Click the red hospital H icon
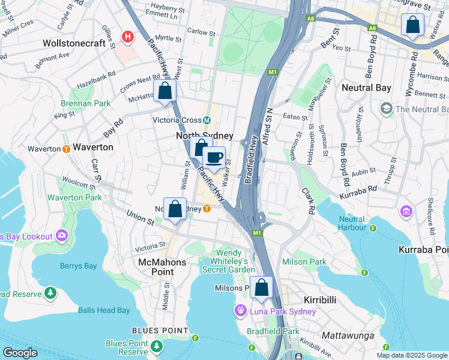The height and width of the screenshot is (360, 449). [127, 37]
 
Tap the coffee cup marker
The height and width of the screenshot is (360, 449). [214, 158]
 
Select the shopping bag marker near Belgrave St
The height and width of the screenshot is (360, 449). [412, 26]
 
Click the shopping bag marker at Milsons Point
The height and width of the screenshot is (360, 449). [261, 288]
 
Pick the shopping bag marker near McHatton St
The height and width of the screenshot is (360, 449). [164, 92]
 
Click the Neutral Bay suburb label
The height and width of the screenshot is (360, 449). [366, 88]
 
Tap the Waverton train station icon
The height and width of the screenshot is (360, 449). [65, 148]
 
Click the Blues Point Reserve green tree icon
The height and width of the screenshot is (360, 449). [157, 346]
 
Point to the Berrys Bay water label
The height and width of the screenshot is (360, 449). [78, 266]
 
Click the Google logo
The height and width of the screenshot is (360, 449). [20, 353]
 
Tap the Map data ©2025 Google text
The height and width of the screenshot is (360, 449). [412, 355]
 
